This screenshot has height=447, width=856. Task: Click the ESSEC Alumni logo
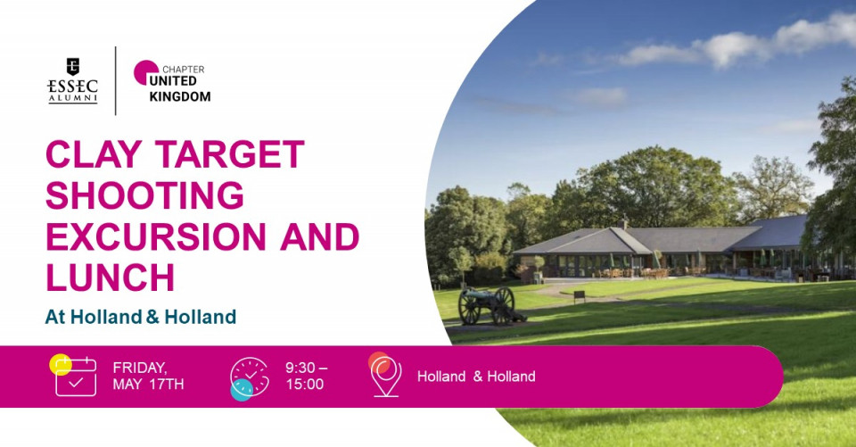72,81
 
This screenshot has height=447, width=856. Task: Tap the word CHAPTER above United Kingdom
184,70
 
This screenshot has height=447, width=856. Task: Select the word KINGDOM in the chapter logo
179,96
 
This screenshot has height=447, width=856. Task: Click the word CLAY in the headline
94,154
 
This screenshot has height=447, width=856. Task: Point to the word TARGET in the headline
230,154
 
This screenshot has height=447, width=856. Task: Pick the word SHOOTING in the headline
144,195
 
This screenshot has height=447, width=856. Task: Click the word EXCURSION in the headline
155,236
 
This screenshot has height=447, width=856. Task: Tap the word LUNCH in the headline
110,277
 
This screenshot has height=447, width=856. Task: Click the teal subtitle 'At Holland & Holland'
140,317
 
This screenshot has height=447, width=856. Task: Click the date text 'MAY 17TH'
148,385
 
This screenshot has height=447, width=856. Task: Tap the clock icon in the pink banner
250,377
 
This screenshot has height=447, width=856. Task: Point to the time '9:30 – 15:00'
306,376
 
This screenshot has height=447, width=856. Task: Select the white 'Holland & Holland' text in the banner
476,377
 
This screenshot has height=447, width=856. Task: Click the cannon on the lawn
490,306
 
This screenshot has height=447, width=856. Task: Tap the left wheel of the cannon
469,308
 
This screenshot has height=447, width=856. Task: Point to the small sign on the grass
580,296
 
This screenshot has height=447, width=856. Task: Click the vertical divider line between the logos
116,81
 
